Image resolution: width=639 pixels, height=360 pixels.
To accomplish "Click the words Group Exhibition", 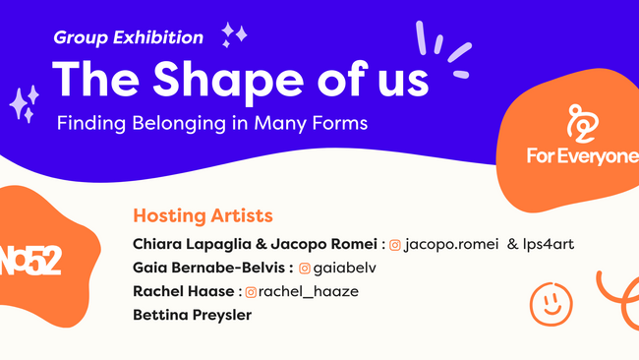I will click(129, 38).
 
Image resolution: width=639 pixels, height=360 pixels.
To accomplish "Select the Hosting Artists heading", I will click(203, 215).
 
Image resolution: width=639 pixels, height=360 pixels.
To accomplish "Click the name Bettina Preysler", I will click(193, 316).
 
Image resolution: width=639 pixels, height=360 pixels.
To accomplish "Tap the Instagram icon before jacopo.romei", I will click(395, 244).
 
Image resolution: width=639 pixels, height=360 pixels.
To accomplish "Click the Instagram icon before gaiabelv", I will click(305, 268).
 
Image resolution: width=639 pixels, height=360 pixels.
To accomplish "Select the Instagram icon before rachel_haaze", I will click(251, 291).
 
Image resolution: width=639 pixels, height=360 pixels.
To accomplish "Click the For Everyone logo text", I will click(582, 155).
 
